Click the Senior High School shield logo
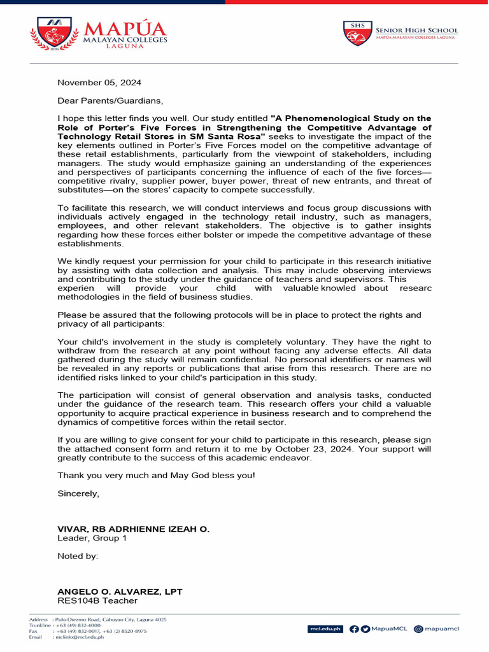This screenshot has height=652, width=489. [x=358, y=34]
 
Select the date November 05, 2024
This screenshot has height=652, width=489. [x=99, y=83]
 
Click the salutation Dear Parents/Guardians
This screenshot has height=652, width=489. [x=110, y=101]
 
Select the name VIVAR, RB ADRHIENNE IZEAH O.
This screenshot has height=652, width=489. [x=133, y=529]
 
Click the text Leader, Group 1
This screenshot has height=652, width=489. [x=92, y=538]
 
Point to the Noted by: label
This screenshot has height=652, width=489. [x=78, y=556]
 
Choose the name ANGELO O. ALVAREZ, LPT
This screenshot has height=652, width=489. [x=120, y=592]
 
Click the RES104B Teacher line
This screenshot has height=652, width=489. [x=97, y=600]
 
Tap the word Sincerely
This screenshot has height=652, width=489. [x=78, y=493]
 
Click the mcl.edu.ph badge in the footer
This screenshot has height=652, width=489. [x=325, y=629]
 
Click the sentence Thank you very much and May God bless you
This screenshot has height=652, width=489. [x=156, y=476]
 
